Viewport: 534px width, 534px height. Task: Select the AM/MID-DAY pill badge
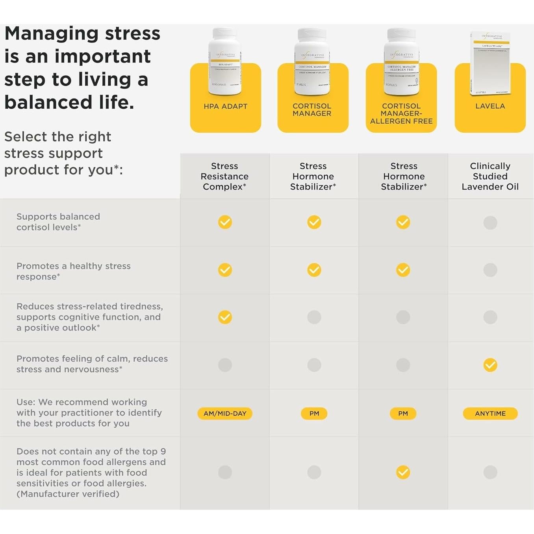click(x=225, y=413)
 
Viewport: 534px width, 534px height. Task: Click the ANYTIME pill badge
click(x=490, y=413)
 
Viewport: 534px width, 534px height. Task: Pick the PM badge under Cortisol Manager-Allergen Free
click(x=403, y=413)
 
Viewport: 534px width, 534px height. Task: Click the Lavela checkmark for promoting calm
click(x=490, y=365)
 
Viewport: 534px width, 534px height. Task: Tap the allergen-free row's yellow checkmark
click(x=403, y=472)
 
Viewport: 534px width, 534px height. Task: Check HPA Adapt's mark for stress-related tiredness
click(x=225, y=317)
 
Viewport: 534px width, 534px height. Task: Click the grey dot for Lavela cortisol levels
click(x=490, y=222)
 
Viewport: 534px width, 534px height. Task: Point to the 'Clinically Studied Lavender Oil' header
click(x=490, y=176)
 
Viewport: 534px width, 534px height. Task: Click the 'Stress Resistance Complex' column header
click(x=224, y=176)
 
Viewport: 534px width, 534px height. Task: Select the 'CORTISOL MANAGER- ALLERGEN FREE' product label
click(x=401, y=113)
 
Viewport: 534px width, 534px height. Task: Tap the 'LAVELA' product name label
click(x=490, y=106)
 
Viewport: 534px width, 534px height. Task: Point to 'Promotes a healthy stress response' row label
click(x=73, y=271)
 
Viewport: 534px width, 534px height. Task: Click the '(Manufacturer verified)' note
click(x=68, y=494)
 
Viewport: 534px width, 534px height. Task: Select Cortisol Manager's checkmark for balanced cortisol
click(x=314, y=222)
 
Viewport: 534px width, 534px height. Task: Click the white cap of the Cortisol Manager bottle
click(x=312, y=35)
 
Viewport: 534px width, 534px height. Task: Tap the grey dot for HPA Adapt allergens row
click(x=225, y=472)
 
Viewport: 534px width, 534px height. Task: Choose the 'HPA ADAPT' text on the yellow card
click(x=225, y=106)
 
